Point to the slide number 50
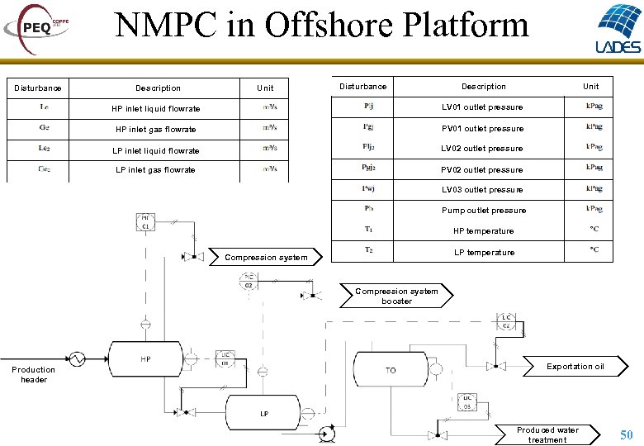(627, 434)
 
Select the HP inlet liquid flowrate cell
(156, 109)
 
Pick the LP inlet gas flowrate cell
(155, 170)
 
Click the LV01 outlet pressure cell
(482, 107)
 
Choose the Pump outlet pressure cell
(483, 211)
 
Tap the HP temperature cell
(483, 231)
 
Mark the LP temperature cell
(484, 253)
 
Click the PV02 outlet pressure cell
(482, 170)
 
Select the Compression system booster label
(397, 296)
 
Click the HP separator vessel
(146, 360)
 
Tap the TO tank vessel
(391, 371)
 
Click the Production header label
(33, 375)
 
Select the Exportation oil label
(575, 367)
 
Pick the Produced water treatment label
(547, 434)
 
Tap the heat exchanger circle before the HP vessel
(77, 359)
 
